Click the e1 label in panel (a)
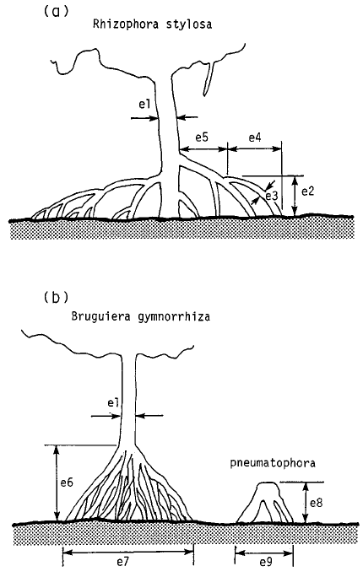point(145,105)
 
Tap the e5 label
point(202,136)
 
